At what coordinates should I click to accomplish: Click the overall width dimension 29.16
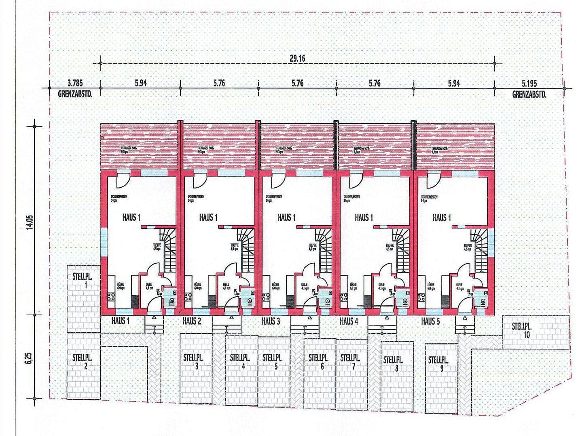(x=297, y=58)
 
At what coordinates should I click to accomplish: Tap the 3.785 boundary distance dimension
(x=75, y=84)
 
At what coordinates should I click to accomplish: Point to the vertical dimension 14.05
(x=29, y=222)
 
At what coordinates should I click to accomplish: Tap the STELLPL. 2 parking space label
(x=83, y=362)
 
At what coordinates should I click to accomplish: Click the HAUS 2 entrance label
(x=192, y=321)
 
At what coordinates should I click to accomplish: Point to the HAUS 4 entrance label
(x=349, y=321)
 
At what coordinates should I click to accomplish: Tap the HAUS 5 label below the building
(x=430, y=321)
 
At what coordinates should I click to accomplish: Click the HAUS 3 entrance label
(x=271, y=321)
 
